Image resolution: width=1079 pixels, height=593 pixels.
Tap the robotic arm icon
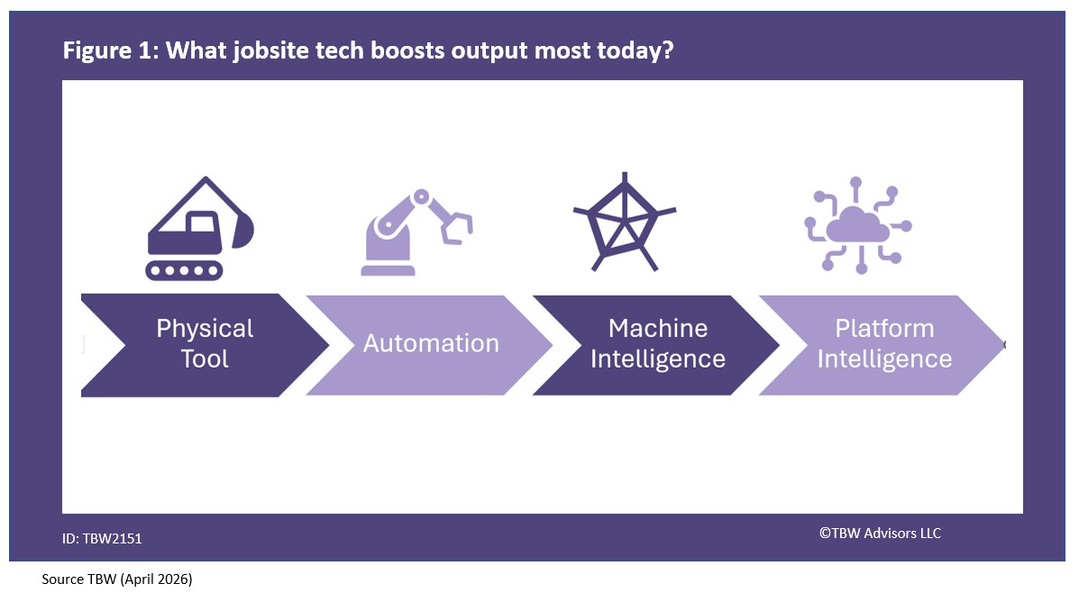[x=415, y=232]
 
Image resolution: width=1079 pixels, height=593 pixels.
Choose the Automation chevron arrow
[x=430, y=344]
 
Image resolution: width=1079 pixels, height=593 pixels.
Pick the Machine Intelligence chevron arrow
[x=656, y=344]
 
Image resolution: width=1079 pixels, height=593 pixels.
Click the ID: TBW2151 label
[x=102, y=539]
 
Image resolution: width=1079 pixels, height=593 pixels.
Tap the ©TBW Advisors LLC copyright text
[x=880, y=534]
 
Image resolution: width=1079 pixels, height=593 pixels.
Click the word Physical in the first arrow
[x=205, y=329]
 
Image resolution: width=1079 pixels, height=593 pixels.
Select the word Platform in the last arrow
[x=884, y=329]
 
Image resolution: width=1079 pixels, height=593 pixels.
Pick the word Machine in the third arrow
[x=657, y=329]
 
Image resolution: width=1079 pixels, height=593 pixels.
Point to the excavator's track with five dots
[x=185, y=269]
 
